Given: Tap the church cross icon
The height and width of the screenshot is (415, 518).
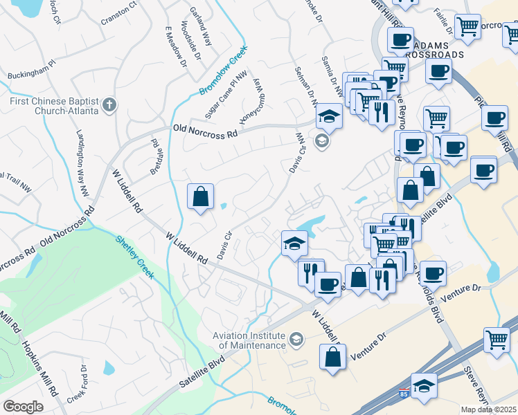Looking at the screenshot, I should coord(108,105).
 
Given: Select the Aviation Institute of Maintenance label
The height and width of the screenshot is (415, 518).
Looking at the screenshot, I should coord(249,340).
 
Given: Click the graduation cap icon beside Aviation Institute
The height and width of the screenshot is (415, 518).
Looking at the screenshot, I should coord(296,338).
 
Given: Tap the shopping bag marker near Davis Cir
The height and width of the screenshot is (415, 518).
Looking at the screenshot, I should coord(200,196).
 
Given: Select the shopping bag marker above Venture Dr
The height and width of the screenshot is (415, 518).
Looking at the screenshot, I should coord(333,357).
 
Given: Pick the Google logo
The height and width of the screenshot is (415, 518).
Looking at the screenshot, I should coord(23,407).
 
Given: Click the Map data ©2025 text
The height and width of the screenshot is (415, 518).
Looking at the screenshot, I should coord(488,409).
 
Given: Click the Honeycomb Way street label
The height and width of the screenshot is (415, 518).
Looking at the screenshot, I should coord(253,100).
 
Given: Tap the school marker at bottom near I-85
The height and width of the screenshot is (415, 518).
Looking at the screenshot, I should coord(424,387).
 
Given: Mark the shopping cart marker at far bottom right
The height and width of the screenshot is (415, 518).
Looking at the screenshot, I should coord(497,339).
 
